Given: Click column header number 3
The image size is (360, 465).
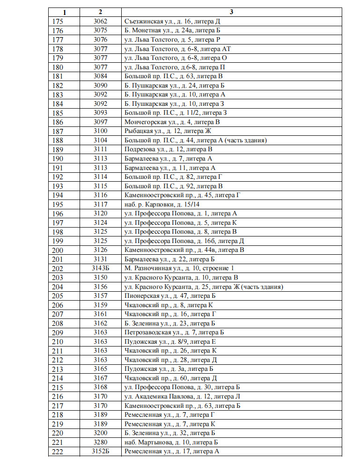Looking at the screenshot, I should (231, 12).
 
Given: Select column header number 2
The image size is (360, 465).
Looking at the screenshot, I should (100, 12).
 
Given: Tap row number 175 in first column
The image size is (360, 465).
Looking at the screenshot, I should (59, 21).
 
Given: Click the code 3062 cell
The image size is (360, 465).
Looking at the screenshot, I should (100, 21).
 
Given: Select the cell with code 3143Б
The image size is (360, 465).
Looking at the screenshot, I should (100, 268).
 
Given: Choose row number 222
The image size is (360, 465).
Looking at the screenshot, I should (59, 451).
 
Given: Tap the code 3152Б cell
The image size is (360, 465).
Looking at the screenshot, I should (100, 451).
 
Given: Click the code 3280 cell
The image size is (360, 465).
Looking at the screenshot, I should (100, 442).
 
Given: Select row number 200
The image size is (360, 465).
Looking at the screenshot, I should (59, 250).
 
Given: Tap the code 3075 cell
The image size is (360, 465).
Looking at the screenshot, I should (100, 30).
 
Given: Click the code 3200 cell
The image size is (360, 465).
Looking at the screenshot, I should (100, 433).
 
